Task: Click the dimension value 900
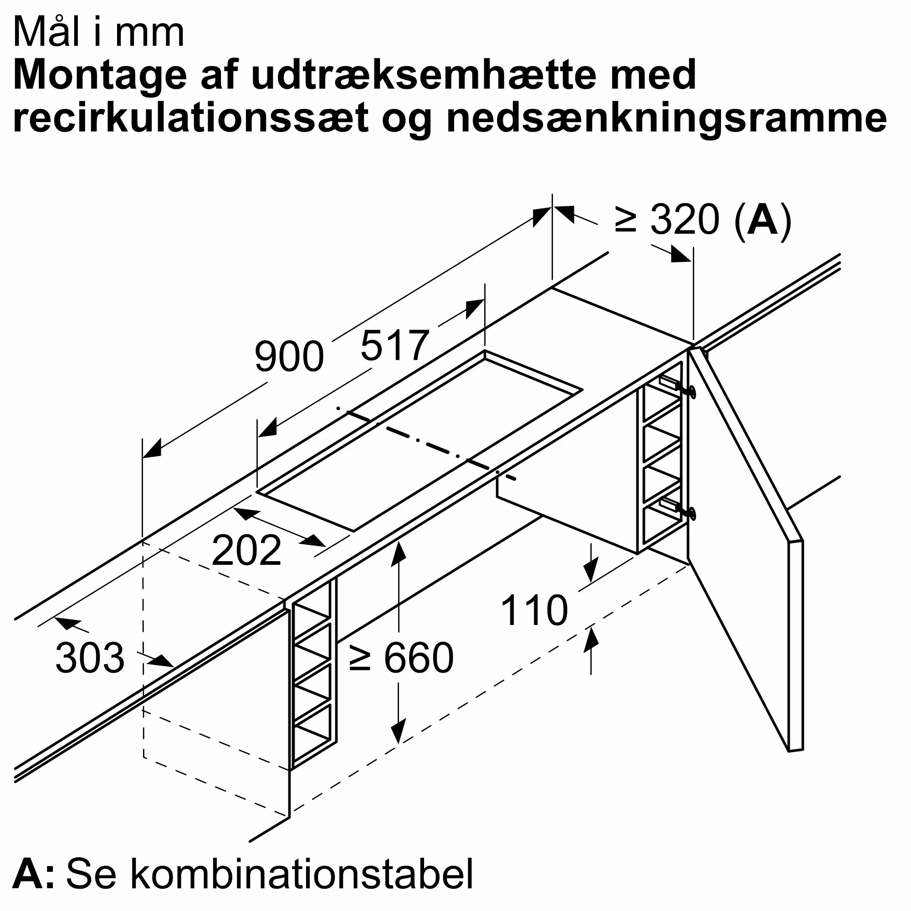[289, 357]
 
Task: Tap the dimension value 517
[394, 346]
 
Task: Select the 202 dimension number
[246, 550]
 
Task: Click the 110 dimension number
[534, 611]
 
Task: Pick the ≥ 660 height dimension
[401, 658]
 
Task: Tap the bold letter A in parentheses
[763, 220]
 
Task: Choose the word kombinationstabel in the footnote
[269, 874]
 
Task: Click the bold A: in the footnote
[33, 874]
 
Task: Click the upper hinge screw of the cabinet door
[691, 391]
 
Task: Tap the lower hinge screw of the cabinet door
[691, 513]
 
